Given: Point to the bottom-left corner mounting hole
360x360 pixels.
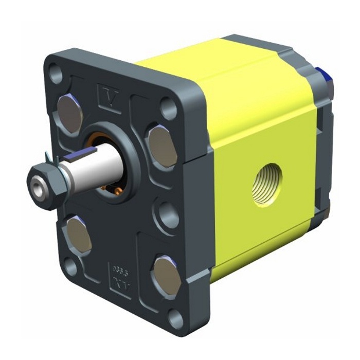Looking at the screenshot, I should coord(71,268).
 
